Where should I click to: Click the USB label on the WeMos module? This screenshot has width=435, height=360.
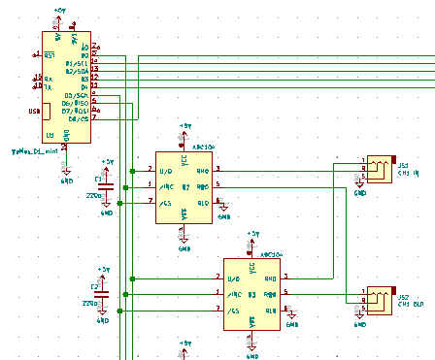(x=34, y=110)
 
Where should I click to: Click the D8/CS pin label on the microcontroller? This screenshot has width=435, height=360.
(x=82, y=119)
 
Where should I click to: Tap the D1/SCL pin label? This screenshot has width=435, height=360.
(x=81, y=62)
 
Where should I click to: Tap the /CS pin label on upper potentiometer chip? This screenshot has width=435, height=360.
(x=164, y=202)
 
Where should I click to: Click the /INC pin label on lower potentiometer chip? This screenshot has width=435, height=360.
(x=232, y=294)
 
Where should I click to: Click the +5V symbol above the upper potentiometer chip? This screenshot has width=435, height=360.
(x=184, y=127)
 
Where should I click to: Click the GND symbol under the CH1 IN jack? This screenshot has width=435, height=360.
(x=359, y=192)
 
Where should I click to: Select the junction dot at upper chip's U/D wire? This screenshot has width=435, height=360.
(x=136, y=169)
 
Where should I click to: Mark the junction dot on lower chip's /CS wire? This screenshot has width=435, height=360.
(x=119, y=311)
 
